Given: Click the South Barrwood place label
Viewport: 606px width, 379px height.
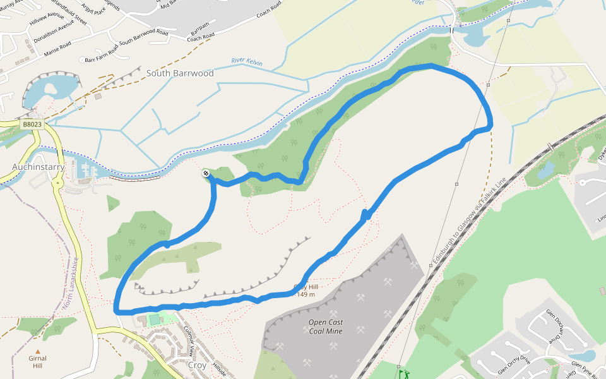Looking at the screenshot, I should pyautogui.click(x=180, y=73).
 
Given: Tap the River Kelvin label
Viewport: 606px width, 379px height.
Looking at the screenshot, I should pyautogui.click(x=247, y=62).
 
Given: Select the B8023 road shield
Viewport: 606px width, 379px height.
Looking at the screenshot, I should pyautogui.click(x=32, y=124).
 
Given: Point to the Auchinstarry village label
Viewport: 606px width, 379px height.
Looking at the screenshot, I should pyautogui.click(x=38, y=167).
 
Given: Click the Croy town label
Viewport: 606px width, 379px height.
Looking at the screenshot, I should pyautogui.click(x=197, y=365).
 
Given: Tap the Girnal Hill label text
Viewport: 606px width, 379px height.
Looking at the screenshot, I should pyautogui.click(x=38, y=362).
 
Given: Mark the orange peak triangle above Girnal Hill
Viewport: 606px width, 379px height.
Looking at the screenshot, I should pyautogui.click(x=38, y=351).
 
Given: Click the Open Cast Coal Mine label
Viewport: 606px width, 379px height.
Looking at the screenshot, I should pyautogui.click(x=326, y=326).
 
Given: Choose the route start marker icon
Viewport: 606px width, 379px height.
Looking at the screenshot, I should pyautogui.click(x=206, y=173).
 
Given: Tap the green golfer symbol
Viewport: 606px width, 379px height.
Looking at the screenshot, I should pyautogui.click(x=403, y=373).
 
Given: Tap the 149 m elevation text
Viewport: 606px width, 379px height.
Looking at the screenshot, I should pyautogui.click(x=306, y=294).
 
